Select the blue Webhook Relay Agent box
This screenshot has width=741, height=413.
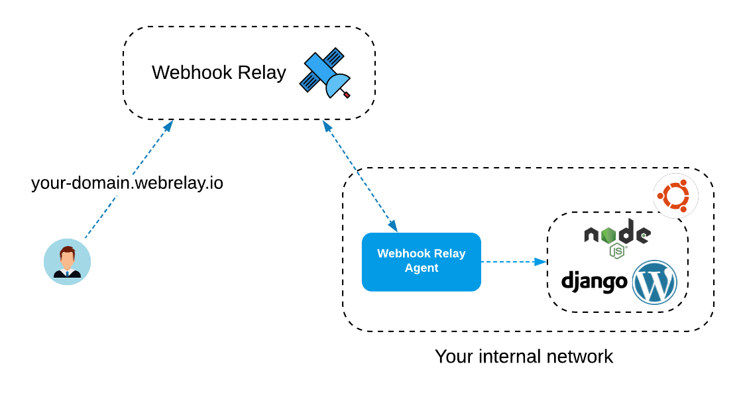[421, 262]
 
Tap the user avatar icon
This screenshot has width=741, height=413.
[67, 262]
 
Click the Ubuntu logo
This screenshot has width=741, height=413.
[675, 196]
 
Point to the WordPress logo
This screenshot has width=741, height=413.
[654, 282]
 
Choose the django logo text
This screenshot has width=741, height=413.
[594, 282]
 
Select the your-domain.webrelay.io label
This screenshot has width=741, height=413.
[127, 183]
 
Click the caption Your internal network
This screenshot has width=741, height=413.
[524, 357]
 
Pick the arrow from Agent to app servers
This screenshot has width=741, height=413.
[513, 262]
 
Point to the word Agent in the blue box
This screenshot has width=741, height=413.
[422, 268]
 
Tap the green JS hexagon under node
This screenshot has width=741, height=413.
[617, 251]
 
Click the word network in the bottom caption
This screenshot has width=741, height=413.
[580, 357]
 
